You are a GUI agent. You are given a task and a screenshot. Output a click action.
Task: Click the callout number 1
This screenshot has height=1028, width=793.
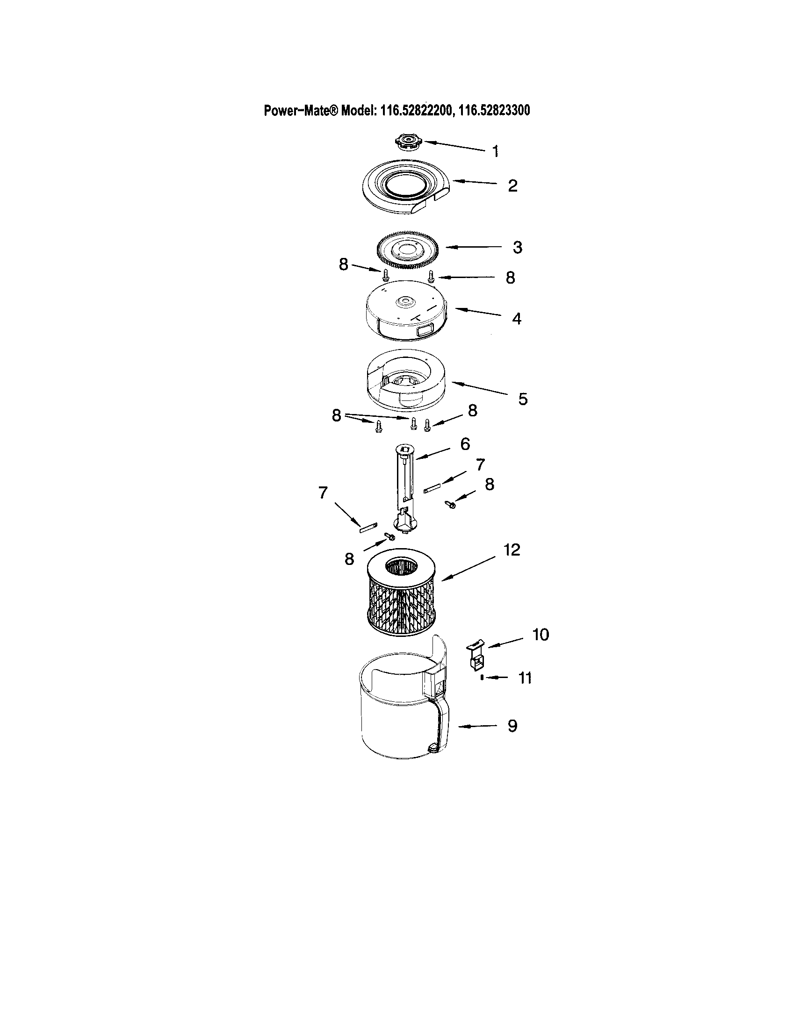[x=495, y=151]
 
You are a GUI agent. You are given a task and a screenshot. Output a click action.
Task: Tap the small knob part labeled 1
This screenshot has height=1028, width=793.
[x=408, y=142]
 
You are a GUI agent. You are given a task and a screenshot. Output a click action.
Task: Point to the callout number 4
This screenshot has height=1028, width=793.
[x=517, y=319]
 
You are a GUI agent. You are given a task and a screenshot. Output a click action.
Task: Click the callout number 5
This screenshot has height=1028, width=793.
[x=523, y=399]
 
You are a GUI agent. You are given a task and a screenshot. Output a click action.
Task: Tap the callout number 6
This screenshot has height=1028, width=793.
[x=465, y=444]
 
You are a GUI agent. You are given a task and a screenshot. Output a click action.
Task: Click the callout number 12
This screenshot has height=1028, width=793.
[x=512, y=550]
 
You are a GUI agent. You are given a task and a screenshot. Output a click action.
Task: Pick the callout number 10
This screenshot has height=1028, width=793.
[x=541, y=635]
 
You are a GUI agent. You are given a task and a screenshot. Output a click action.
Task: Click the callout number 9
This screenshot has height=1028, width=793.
[x=512, y=725]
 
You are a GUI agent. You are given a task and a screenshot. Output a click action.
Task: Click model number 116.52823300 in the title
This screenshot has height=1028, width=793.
[x=494, y=111]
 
